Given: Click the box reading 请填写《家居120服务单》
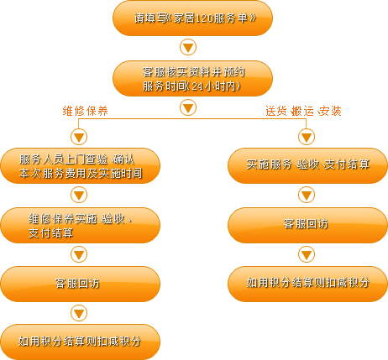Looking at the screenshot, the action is point(192,18).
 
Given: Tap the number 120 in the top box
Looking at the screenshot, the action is point(203,18).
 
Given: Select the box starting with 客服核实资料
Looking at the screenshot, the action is point(192,79).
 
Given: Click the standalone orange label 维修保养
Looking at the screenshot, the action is point(85,111).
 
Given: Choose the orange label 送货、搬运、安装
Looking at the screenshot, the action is point(303,111).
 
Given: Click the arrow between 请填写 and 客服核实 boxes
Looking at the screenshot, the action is point(188,47).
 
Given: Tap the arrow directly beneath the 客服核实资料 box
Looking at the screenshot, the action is point(188,107).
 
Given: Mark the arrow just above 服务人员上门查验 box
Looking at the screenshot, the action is point(79,137).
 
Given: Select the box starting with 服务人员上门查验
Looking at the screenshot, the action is point(81,166).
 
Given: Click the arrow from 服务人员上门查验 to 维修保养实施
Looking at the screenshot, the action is point(79,195).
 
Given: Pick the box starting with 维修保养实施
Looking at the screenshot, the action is point(81,225).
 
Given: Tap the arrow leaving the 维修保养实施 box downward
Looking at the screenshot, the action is point(79,254).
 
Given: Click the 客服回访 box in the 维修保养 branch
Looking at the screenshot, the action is point(81,284).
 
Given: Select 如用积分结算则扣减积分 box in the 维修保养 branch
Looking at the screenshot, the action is point(81,342).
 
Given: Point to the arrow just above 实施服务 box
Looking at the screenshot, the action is point(307,137).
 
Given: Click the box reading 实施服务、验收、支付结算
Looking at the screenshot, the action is point(307,166).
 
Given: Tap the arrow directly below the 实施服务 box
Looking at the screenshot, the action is point(307,195).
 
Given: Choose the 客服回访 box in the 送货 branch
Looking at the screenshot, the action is point(307,225).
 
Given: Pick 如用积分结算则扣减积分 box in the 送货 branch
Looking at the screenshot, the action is point(307,284).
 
